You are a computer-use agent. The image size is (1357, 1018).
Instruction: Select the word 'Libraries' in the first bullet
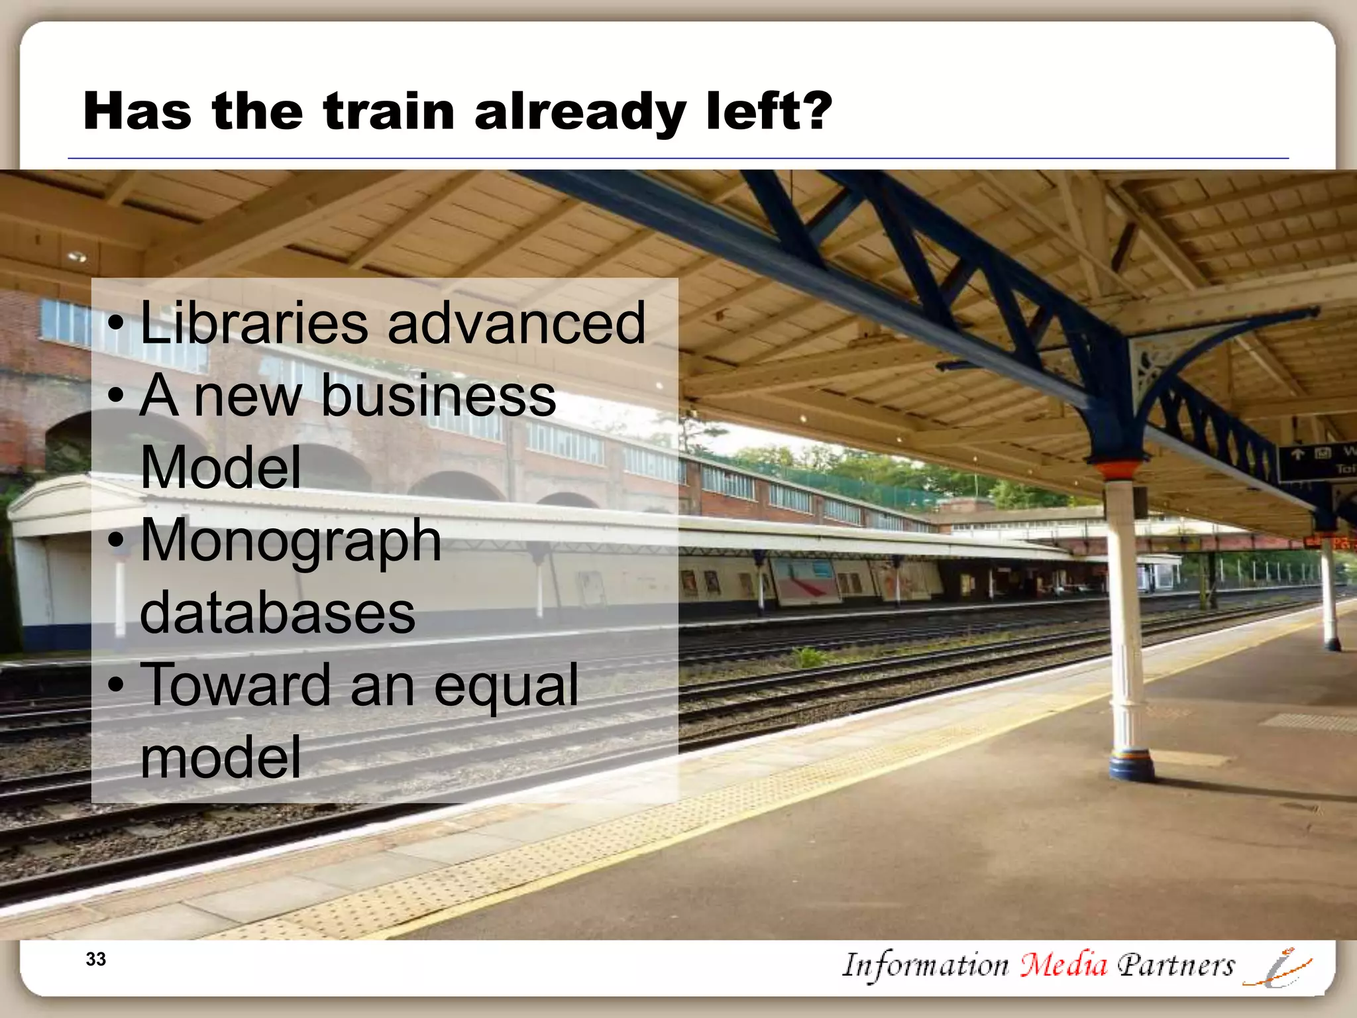pyautogui.click(x=254, y=323)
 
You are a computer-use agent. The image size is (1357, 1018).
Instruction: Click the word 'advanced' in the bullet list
pyautogui.click(x=516, y=323)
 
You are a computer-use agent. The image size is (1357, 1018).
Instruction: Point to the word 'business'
pyautogui.click(x=439, y=396)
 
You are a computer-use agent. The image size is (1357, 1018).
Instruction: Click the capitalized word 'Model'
pyautogui.click(x=221, y=467)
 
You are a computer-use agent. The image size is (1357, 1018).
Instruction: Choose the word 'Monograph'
pyautogui.click(x=291, y=541)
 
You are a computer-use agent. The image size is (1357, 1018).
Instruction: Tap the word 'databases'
pyautogui.click(x=278, y=613)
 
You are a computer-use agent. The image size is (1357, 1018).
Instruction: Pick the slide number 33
pyautogui.click(x=96, y=959)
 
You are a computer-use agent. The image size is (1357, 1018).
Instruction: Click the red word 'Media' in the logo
pyautogui.click(x=1063, y=965)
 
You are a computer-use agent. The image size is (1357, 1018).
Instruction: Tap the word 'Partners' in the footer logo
pyautogui.click(x=1175, y=965)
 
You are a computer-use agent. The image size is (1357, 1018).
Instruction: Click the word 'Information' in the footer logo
pyautogui.click(x=925, y=965)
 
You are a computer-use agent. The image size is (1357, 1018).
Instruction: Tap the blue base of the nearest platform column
pyautogui.click(x=1132, y=765)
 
